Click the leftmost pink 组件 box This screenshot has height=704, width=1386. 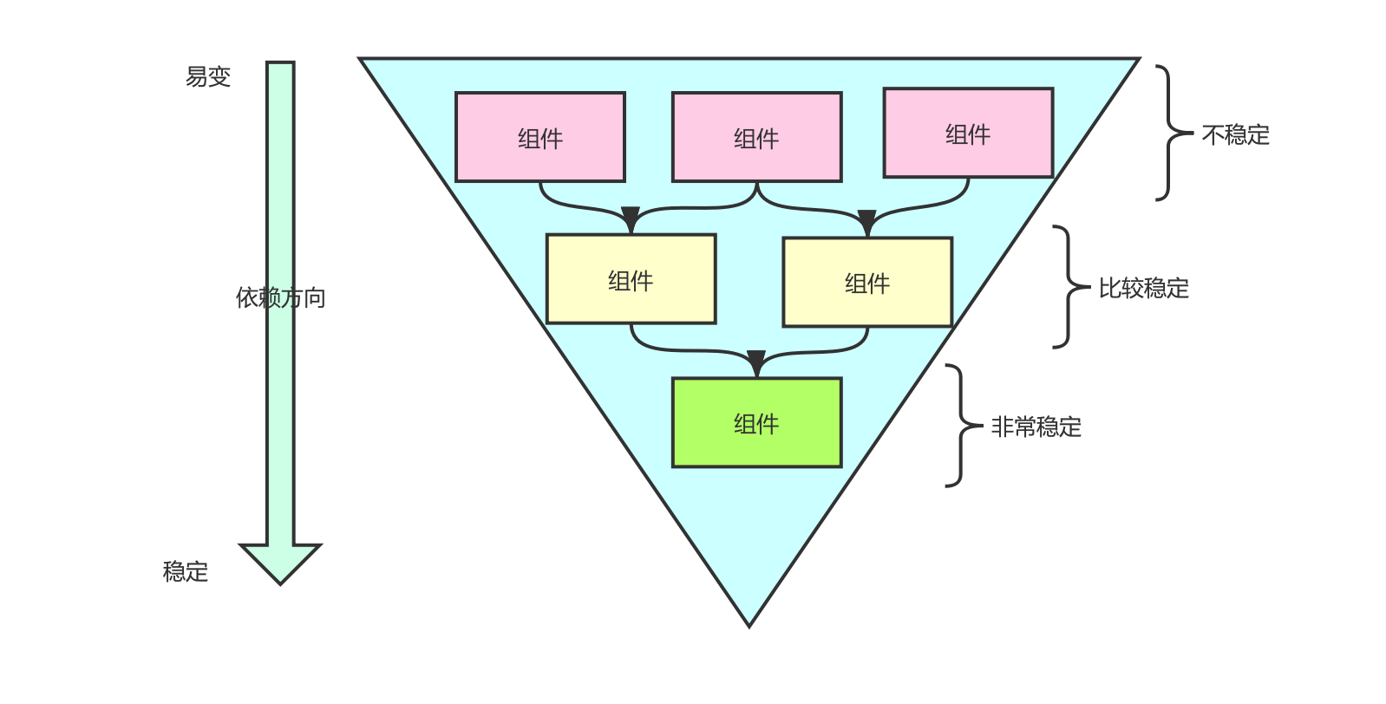tap(539, 137)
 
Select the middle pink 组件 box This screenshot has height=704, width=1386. tap(756, 137)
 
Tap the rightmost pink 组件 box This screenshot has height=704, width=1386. tap(968, 133)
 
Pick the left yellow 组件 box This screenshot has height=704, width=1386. tap(631, 279)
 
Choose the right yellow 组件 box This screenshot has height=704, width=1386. tap(867, 282)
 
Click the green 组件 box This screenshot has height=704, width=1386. tap(756, 422)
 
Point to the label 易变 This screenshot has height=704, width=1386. tap(208, 76)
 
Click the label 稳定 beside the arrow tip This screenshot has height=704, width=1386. tap(186, 571)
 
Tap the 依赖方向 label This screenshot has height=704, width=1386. tap(280, 297)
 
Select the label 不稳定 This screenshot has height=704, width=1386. tap(1235, 134)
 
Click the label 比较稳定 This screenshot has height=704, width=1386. tap(1143, 288)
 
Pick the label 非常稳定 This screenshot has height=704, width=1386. tap(1036, 427)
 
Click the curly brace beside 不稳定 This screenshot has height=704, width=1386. tap(1171, 133)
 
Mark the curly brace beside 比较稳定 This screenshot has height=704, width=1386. tap(1068, 287)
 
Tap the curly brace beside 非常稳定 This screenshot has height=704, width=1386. tap(960, 426)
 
